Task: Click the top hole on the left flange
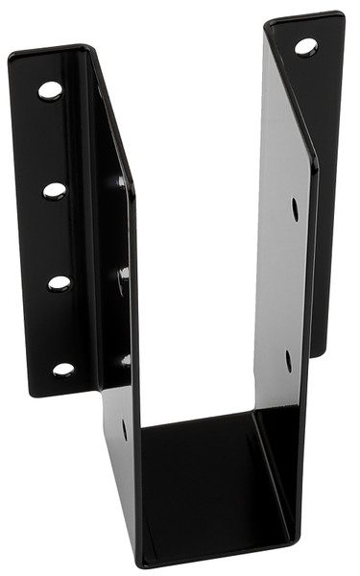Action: pyautogui.click(x=50, y=90)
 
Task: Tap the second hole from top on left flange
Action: pyautogui.click(x=55, y=190)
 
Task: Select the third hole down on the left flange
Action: pyautogui.click(x=59, y=283)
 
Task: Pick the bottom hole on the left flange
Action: pyautogui.click(x=63, y=369)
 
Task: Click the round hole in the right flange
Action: pyautogui.click(x=306, y=46)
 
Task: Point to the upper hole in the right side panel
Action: pyautogui.click(x=295, y=208)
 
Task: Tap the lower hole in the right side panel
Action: pyautogui.click(x=288, y=360)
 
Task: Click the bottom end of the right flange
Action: pyautogui.click(x=315, y=353)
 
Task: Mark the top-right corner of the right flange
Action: pyautogui.click(x=341, y=14)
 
